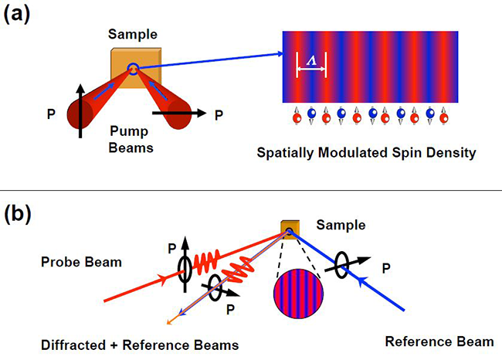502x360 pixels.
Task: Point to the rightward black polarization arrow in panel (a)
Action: tap(178, 113)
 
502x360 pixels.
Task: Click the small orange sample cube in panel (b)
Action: tap(288, 228)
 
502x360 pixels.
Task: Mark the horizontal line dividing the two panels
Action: tap(251, 190)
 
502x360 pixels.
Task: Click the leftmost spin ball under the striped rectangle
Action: tap(297, 117)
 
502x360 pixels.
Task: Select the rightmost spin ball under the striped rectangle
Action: tap(442, 117)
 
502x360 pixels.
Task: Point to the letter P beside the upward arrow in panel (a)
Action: tap(51, 114)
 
